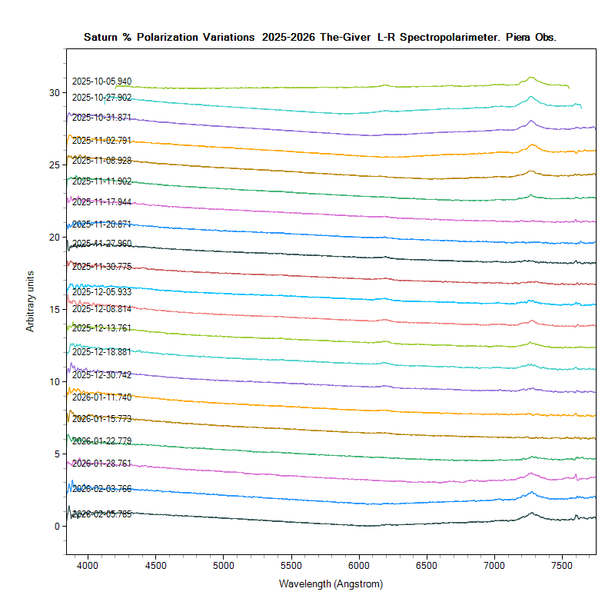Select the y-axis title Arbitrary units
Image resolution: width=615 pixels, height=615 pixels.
pos(31,301)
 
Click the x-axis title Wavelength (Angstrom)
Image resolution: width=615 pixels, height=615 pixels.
pos(331,583)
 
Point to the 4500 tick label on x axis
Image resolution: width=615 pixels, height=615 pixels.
pos(155,563)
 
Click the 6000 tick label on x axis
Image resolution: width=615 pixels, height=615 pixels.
pos(359,563)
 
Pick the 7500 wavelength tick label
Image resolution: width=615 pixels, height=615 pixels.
pos(562,563)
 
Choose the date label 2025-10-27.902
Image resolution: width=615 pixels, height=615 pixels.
pos(101,98)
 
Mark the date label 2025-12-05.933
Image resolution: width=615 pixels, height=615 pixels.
pos(101,293)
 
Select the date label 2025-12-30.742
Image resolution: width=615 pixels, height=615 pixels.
pos(101,375)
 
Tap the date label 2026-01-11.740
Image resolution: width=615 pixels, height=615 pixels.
pos(101,397)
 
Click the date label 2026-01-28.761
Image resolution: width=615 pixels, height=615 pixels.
pos(101,464)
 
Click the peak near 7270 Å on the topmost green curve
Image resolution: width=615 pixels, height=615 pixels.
pos(531,77)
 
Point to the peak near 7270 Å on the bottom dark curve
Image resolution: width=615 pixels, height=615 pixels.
pos(531,513)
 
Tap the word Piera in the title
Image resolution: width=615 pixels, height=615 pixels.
pos(520,37)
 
